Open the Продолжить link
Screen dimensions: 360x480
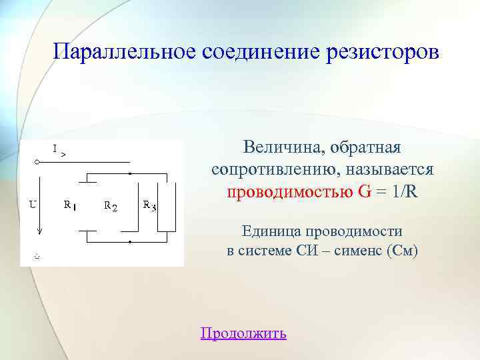click(243, 333)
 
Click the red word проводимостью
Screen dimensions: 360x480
click(290, 191)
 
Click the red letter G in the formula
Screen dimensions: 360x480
click(365, 191)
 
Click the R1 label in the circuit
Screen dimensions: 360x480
click(69, 206)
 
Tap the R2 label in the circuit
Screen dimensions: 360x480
click(111, 206)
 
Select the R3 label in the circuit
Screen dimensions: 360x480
click(149, 206)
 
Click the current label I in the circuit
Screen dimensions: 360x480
click(55, 147)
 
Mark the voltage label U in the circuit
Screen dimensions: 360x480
click(32, 204)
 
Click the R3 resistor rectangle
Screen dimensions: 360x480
click(167, 206)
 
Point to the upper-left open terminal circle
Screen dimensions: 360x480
click(37, 162)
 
